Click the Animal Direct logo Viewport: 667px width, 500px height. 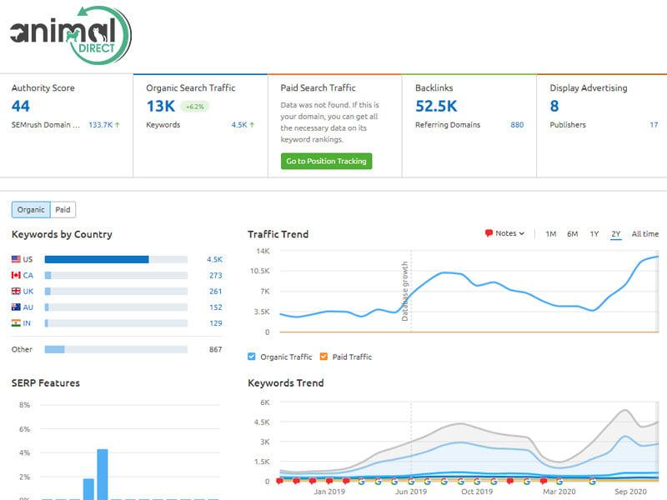[70, 33]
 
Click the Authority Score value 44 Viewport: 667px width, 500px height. [21, 106]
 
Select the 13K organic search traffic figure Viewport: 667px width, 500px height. [161, 106]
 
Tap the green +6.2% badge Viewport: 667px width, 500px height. [195, 107]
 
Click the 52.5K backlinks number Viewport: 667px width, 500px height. [437, 106]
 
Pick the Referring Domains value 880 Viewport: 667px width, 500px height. [517, 125]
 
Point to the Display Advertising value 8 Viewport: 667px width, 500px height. [554, 106]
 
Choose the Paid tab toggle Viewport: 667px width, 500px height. [63, 210]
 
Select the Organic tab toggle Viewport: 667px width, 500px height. [31, 210]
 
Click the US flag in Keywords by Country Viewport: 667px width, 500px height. [16, 259]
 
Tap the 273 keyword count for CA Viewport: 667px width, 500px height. [215, 275]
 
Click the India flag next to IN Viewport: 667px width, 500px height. [16, 322]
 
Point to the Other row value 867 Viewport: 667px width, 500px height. [215, 349]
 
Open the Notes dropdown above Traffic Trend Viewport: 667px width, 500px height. [504, 234]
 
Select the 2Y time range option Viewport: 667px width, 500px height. [615, 234]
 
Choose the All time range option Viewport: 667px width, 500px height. [644, 234]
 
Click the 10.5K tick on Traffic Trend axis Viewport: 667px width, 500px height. [258, 271]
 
